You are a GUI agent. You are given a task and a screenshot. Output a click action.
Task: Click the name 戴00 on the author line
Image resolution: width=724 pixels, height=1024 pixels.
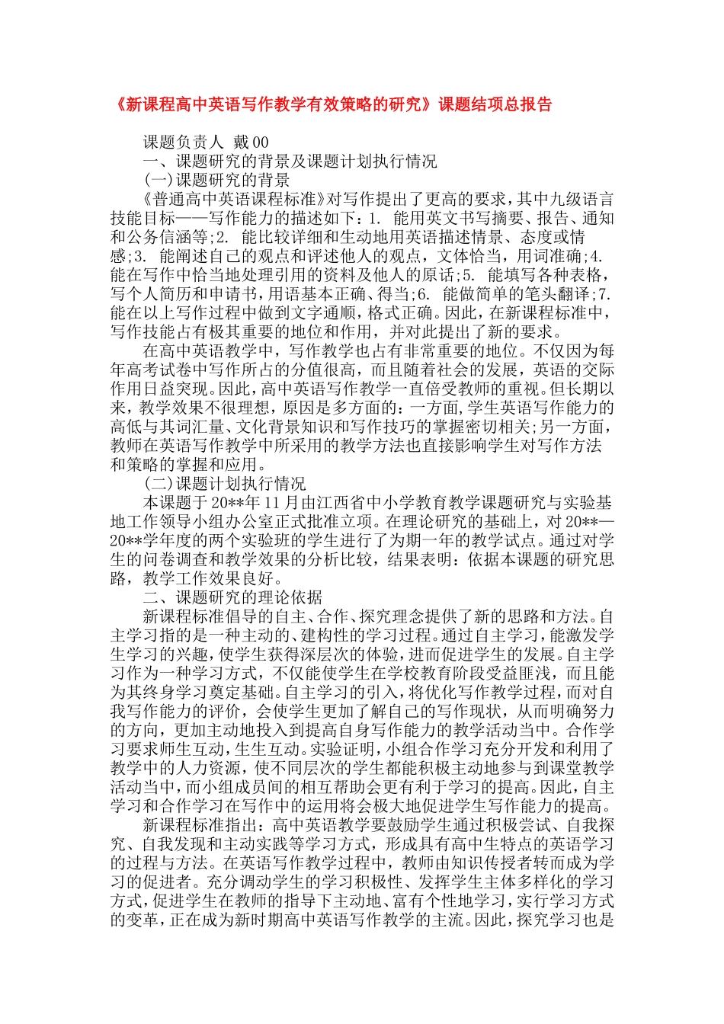(251, 142)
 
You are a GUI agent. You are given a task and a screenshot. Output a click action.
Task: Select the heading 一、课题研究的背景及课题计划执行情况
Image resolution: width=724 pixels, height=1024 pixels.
(290, 162)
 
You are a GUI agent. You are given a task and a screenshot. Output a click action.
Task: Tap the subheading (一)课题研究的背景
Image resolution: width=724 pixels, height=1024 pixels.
(216, 181)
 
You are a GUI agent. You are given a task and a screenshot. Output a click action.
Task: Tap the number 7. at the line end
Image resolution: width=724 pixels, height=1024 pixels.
(605, 294)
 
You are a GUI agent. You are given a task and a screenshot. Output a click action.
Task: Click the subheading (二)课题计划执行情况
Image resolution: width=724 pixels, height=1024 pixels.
(225, 484)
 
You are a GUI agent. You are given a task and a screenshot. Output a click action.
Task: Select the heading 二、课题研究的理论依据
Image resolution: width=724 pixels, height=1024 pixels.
(232, 597)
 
